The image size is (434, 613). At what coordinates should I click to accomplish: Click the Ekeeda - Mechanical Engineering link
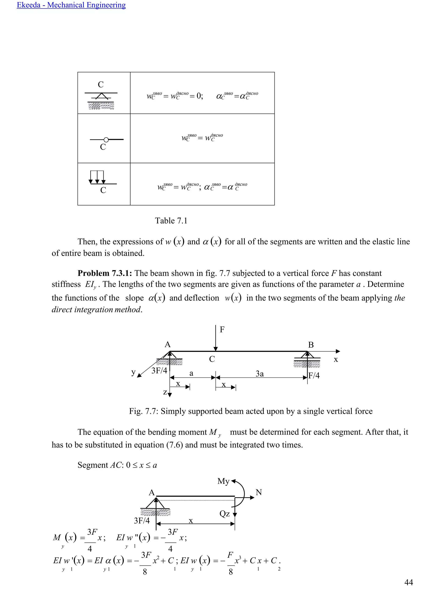pos(71,5)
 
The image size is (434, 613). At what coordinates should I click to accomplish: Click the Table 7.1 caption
pos(171,221)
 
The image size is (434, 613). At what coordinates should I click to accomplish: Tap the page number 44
pos(409,582)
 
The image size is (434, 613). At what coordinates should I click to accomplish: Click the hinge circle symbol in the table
pos(106,140)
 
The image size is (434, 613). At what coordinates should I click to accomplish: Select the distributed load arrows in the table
pos(97,177)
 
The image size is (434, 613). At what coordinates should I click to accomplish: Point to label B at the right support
pos(311,345)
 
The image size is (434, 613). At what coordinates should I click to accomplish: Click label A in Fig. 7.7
pos(168,345)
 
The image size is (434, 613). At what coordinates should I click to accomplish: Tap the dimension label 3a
pos(260,374)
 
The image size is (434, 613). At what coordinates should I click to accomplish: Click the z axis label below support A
pos(165,392)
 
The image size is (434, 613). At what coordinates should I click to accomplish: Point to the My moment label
pos(223,481)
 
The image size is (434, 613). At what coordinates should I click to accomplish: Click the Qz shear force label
pos(224,514)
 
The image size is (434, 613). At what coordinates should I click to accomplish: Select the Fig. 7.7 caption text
pos(251,411)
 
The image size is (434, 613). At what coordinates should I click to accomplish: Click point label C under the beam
pos(212,359)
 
